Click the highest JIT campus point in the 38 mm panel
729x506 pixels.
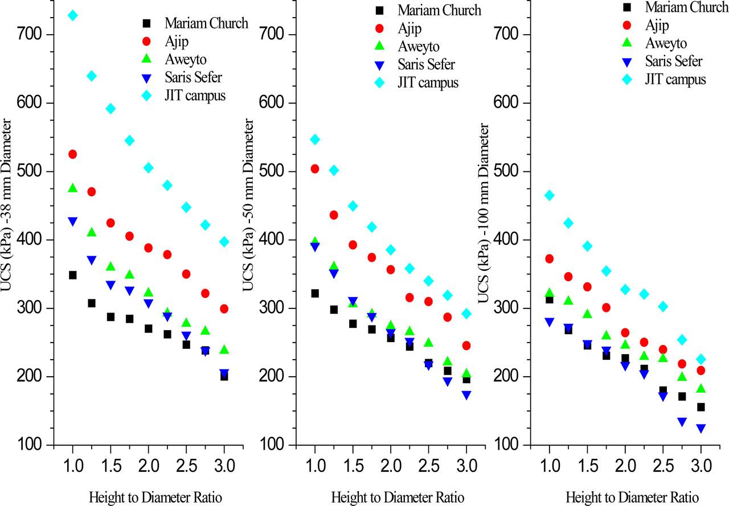tap(72, 15)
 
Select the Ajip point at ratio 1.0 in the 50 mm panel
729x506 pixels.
tap(314, 168)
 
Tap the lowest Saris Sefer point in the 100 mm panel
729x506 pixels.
tap(701, 429)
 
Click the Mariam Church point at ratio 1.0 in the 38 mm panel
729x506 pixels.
tap(72, 275)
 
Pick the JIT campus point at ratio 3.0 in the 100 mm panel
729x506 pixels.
tap(701, 359)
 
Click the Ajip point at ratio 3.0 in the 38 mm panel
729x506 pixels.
tap(224, 308)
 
